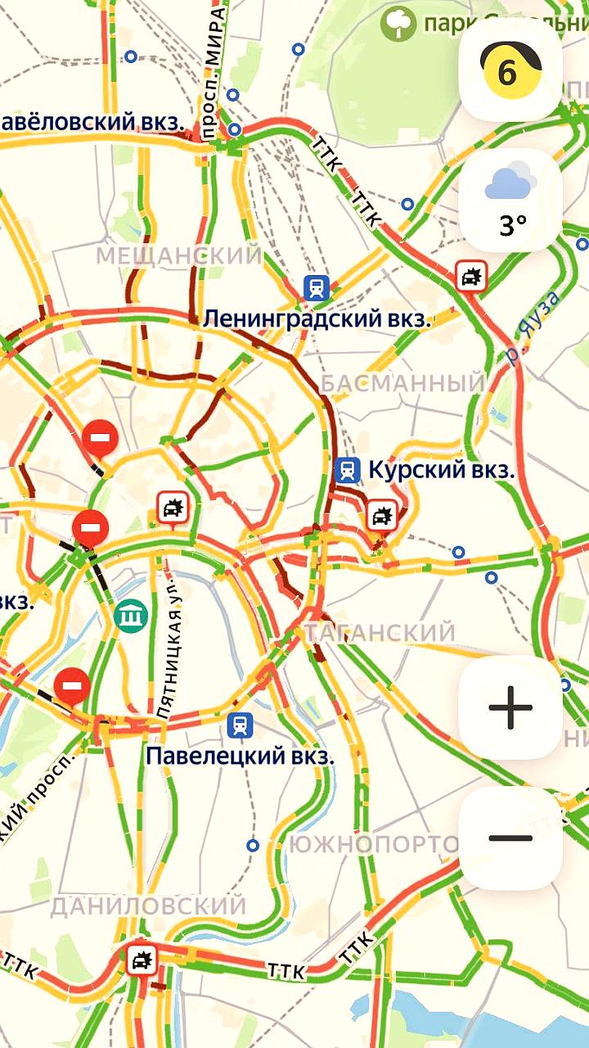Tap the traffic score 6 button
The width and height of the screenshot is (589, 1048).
[x=510, y=70]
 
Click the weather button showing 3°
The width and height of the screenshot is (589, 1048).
[x=510, y=200]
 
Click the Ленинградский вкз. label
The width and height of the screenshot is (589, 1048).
[x=317, y=319]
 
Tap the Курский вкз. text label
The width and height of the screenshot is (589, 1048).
[x=441, y=470]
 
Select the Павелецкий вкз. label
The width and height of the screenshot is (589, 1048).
[x=240, y=755]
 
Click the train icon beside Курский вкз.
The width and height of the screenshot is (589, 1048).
[x=348, y=470]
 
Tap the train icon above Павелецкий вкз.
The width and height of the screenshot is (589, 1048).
[x=241, y=725]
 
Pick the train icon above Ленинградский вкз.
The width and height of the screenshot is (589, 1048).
[x=317, y=287]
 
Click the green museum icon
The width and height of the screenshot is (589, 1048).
[x=131, y=614]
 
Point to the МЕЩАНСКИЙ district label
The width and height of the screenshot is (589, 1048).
[x=179, y=255]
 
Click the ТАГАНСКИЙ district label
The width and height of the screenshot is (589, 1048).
[x=380, y=632]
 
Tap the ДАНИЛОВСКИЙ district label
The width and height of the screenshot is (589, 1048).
[x=148, y=906]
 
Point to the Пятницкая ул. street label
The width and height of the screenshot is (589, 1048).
[x=173, y=655]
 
